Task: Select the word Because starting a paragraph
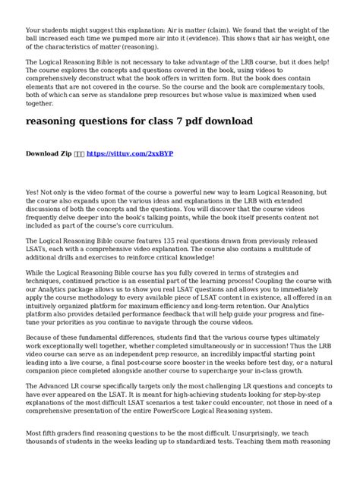tap(42, 335)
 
